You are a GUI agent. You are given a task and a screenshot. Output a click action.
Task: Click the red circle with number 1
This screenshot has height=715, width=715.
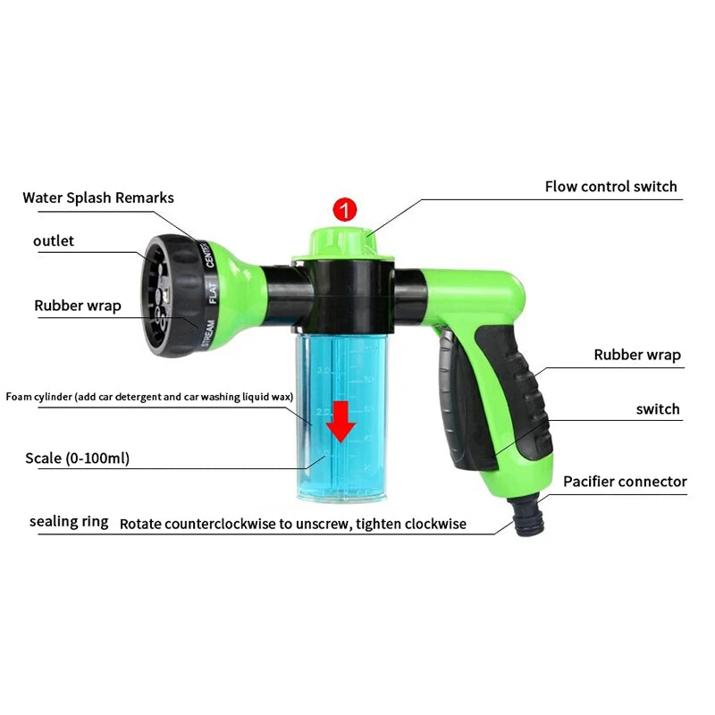tap(345, 211)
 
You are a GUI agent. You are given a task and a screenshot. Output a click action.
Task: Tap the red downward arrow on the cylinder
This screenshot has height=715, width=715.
tap(341, 421)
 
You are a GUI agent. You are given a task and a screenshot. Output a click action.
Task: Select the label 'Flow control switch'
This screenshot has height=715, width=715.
tap(611, 187)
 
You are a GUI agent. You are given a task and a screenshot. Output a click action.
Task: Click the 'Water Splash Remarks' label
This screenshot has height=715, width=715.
tap(98, 198)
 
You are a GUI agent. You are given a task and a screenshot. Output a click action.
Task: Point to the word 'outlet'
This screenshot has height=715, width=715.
tap(54, 240)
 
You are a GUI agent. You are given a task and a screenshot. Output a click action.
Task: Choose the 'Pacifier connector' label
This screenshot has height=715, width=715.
tap(625, 482)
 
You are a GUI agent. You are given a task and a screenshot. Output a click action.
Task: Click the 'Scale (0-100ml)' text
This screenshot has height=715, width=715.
tap(78, 458)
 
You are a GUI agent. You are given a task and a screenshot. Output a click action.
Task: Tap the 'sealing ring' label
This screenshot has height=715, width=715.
tap(69, 521)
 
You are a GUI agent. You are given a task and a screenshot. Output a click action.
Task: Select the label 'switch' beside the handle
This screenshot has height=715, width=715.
tap(658, 409)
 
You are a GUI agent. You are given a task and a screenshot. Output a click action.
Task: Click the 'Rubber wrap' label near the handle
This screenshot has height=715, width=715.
tap(637, 355)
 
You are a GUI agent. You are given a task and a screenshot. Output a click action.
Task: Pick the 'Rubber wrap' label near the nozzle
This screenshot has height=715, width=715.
tap(78, 306)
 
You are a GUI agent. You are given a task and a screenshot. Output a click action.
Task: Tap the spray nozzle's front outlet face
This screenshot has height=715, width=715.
tap(153, 294)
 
